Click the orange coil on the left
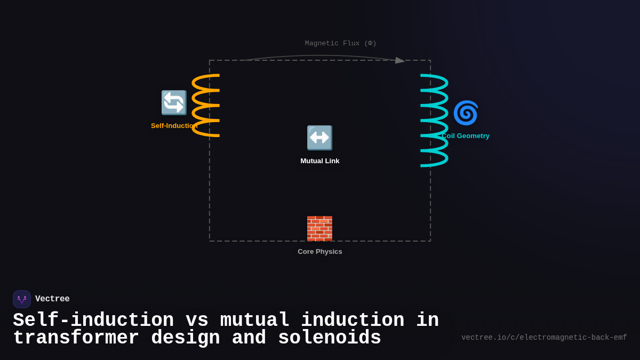pos(206,106)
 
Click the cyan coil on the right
pos(434,121)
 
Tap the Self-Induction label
pos(173,126)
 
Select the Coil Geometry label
pos(466,136)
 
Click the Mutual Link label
pos(320,161)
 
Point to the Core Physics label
pos(320,252)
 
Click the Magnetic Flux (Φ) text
pos(341,44)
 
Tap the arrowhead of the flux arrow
pos(400,60)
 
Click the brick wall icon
pos(319,228)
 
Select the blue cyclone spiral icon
pos(466,113)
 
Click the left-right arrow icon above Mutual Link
pos(319,138)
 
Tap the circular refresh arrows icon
pos(174,102)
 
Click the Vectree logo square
pos(22,299)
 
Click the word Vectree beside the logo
pos(52,299)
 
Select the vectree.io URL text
pos(544,338)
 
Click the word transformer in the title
pos(76,338)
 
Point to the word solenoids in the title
pos(330,338)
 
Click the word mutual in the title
pos(254,321)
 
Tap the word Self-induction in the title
pos(93,321)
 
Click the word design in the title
pos(186,338)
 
